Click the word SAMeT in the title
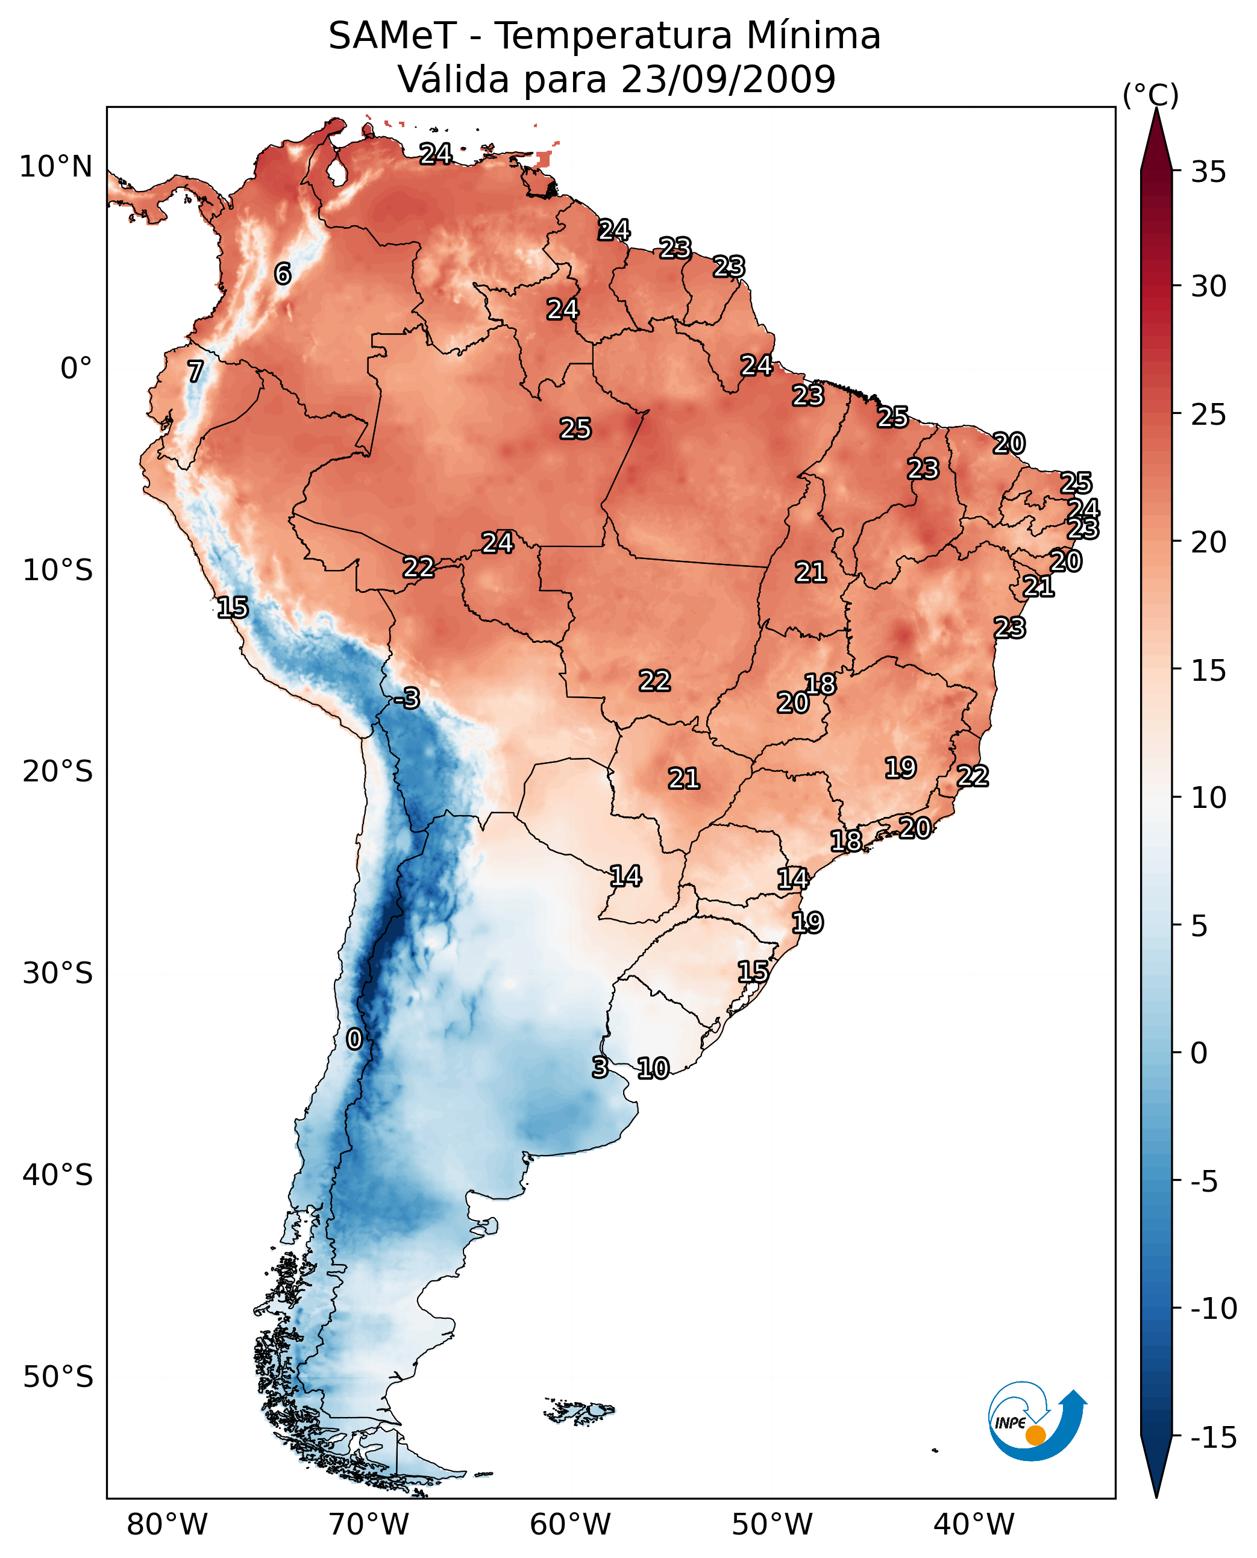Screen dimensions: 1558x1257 click(x=392, y=36)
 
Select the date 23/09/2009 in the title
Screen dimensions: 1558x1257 click(x=728, y=79)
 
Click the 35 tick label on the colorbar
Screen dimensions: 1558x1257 click(x=1208, y=172)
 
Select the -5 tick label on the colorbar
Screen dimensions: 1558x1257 click(x=1208, y=1182)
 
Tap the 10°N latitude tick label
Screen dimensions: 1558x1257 click(x=56, y=167)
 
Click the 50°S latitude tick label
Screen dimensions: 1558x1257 click(x=58, y=1376)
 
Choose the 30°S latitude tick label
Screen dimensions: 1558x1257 click(x=58, y=974)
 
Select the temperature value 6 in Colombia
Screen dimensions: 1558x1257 click(x=283, y=274)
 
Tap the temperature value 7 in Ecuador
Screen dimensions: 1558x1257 click(x=195, y=371)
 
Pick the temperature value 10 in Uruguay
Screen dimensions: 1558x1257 click(x=653, y=1068)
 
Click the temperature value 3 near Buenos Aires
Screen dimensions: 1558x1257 click(x=600, y=1067)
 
